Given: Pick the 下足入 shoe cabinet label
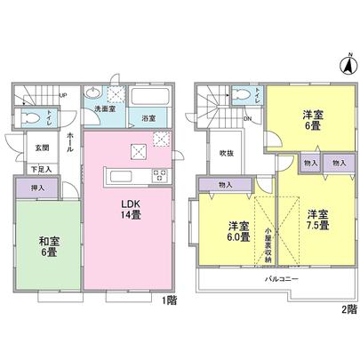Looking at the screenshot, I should click(x=41, y=167).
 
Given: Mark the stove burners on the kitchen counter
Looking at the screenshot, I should click(x=160, y=173).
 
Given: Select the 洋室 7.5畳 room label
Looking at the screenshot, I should click(x=318, y=219).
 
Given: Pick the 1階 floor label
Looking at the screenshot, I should click(x=171, y=301).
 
